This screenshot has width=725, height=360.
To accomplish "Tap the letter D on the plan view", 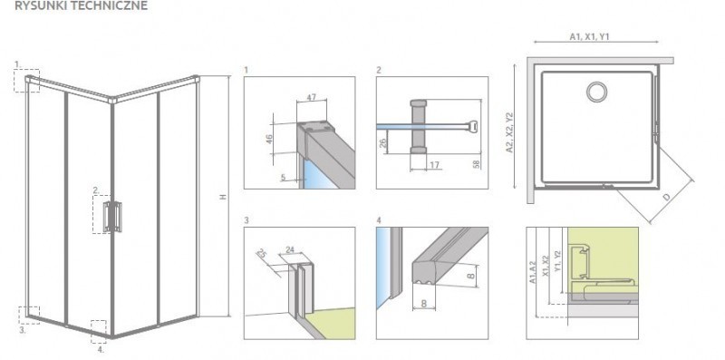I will (x=668, y=196).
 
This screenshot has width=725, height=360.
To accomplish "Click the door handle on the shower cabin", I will (x=114, y=217).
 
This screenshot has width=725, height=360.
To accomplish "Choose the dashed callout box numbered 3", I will (x=28, y=314).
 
